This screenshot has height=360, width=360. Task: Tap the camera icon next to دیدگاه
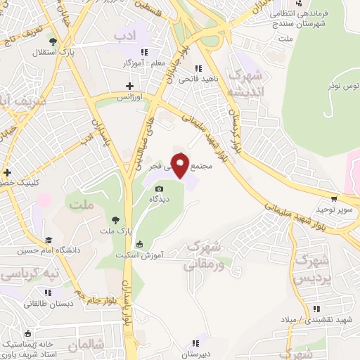pyautogui.click(x=160, y=188)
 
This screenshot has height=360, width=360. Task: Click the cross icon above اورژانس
pyautogui.click(x=129, y=85)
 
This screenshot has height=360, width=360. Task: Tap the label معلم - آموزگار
pyautogui.click(x=143, y=63)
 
